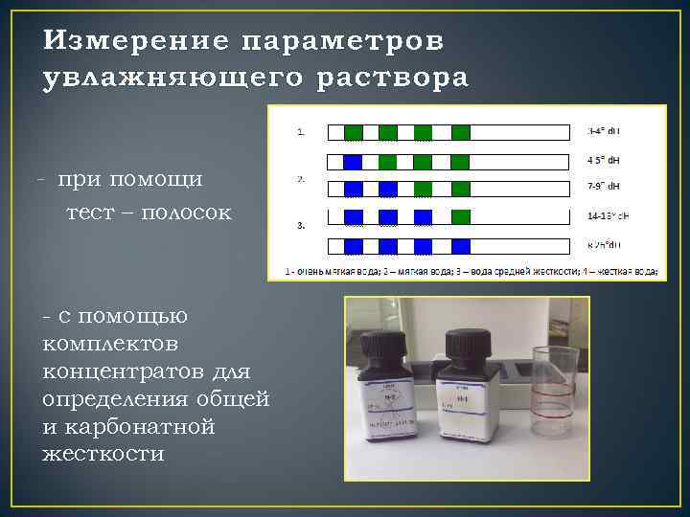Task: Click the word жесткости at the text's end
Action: [103, 452]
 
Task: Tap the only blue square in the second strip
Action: [353, 162]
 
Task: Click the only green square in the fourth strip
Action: [461, 215]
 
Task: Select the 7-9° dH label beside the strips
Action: [604, 186]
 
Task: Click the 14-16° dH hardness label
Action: [607, 216]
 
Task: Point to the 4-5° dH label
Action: [604, 159]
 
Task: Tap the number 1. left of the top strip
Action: [302, 132]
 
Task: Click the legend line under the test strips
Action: [471, 271]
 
